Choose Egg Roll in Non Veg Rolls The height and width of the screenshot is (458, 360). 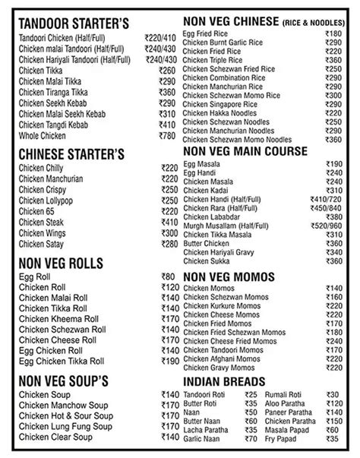pyautogui.click(x=33, y=276)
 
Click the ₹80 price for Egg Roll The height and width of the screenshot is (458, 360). pyautogui.click(x=169, y=276)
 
